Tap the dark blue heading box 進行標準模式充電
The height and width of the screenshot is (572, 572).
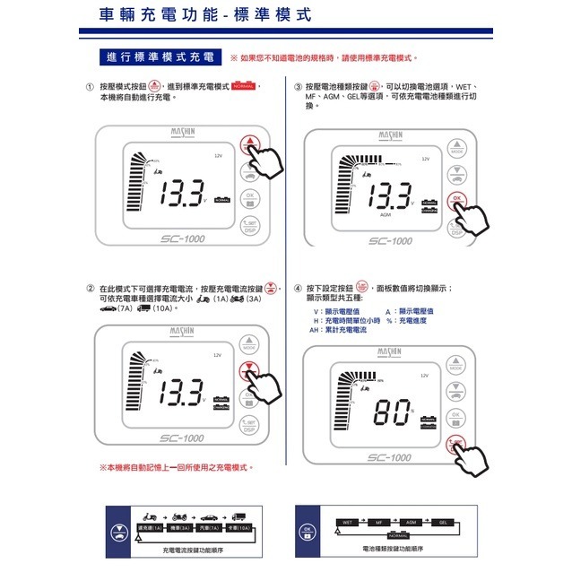(160, 57)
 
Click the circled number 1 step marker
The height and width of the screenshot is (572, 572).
(90, 87)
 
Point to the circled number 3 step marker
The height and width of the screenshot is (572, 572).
(298, 87)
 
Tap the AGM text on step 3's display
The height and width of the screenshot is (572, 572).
(385, 215)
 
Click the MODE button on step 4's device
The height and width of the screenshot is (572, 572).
(455, 364)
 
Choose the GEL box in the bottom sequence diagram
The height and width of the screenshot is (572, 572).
(442, 521)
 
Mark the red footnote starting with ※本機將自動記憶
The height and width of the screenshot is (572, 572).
(176, 467)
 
